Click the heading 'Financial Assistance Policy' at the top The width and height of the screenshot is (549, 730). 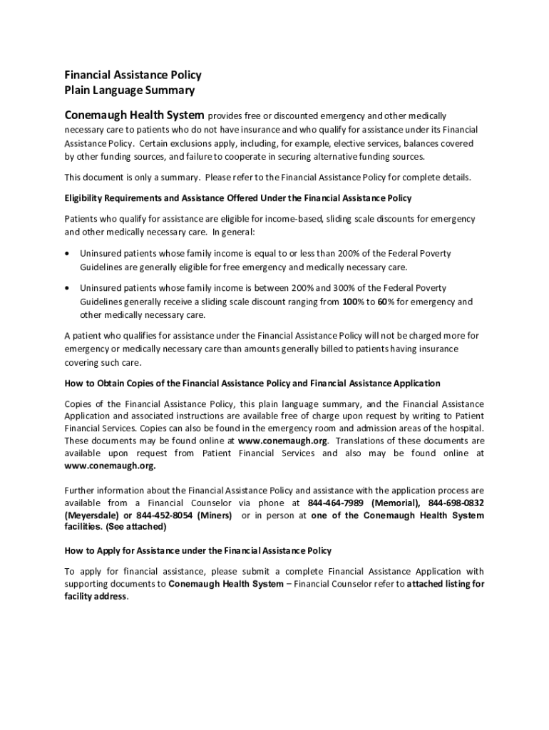(133, 75)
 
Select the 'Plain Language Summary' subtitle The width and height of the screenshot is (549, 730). (129, 91)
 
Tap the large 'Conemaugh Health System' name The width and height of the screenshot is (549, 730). (135, 115)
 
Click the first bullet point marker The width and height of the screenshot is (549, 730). (67, 254)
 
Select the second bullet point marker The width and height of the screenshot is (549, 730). (67, 288)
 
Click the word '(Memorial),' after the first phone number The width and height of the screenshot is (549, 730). (396, 503)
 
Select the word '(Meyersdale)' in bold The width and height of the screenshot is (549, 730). (92, 515)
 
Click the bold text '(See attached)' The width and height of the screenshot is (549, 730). (135, 527)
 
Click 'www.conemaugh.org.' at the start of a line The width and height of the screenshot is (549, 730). (110, 466)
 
